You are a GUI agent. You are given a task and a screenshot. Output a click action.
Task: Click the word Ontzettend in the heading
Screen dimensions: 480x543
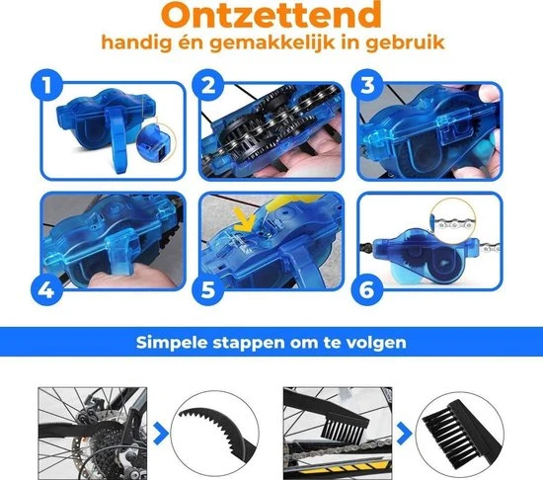tap(271, 17)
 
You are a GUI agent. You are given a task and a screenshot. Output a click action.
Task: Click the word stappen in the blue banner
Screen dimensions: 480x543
tap(255, 346)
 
